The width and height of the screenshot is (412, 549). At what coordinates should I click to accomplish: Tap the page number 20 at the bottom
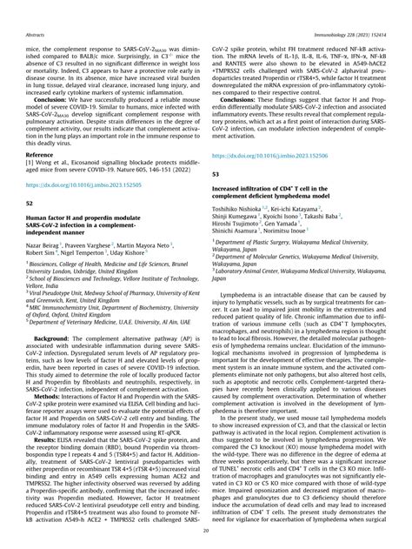(205, 531)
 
